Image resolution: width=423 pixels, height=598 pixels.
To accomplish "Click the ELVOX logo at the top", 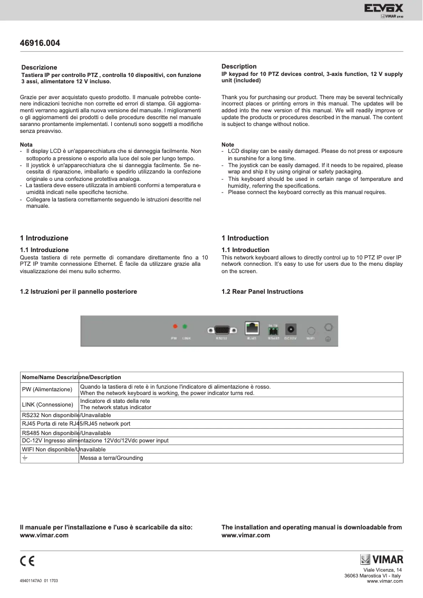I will pyautogui.click(x=383, y=9).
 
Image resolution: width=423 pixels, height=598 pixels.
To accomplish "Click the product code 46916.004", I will pyautogui.click(x=40, y=43).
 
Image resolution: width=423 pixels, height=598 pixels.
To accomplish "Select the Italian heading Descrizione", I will pyautogui.click(x=39, y=67).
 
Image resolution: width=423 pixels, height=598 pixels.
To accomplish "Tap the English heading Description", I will pyautogui.click(x=239, y=66).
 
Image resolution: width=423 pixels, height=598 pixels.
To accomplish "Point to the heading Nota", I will pyautogui.click(x=26, y=144).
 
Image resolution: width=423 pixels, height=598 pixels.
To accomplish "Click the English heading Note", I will pyautogui.click(x=228, y=144).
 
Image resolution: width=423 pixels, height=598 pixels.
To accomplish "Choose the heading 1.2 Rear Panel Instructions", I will pyautogui.click(x=262, y=292).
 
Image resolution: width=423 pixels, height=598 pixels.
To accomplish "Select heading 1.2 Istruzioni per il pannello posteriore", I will pyautogui.click(x=79, y=292).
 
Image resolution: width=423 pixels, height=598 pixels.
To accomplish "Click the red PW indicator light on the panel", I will pyautogui.click(x=175, y=327).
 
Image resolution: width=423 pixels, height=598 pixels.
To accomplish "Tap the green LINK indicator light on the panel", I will pyautogui.click(x=185, y=327).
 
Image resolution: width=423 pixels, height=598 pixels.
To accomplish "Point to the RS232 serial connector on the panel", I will pyautogui.click(x=222, y=330).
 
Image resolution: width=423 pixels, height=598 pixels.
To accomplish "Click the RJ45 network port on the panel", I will pyautogui.click(x=252, y=327).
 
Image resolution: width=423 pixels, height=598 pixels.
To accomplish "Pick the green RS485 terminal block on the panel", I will pyautogui.click(x=273, y=331).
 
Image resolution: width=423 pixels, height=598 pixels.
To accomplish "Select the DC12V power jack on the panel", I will pyautogui.click(x=290, y=328).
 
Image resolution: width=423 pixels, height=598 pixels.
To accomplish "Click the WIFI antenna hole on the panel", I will pyautogui.click(x=311, y=329).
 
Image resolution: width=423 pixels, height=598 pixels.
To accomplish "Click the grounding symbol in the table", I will pyautogui.click(x=24, y=458).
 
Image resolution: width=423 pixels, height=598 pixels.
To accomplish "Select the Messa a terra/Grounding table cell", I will pyautogui.click(x=111, y=458).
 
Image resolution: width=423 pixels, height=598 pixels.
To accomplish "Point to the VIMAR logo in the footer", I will pyautogui.click(x=381, y=560).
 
